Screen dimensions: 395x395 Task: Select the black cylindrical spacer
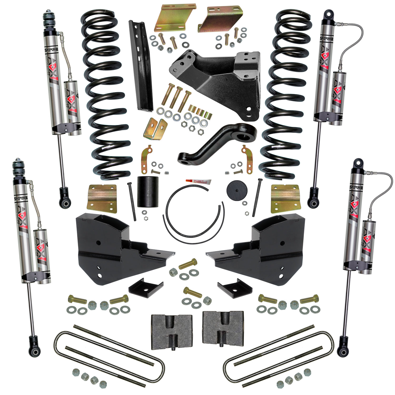148,191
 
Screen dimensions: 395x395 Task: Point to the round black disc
237,191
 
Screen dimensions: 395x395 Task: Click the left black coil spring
105,95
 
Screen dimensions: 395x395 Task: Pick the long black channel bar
141,66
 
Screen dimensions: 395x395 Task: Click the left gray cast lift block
172,330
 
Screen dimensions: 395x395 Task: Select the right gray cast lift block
223,330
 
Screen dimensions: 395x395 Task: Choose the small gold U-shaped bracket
155,128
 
